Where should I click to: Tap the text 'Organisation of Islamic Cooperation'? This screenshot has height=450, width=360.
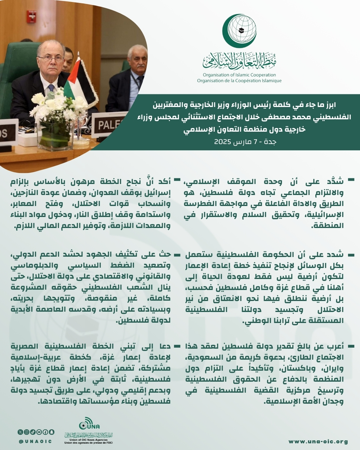pyautogui.click(x=239, y=75)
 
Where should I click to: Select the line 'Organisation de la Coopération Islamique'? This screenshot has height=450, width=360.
pyautogui.click(x=239, y=81)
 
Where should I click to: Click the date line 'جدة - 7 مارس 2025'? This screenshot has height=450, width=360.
pyautogui.click(x=245, y=142)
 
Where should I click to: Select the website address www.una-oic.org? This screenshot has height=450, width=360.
pyautogui.click(x=318, y=442)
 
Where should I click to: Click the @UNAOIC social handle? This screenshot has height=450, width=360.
pyautogui.click(x=35, y=441)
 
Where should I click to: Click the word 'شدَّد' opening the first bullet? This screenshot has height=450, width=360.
pyautogui.click(x=335, y=181)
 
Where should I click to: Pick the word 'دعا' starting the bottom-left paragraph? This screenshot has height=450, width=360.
pyautogui.click(x=165, y=347)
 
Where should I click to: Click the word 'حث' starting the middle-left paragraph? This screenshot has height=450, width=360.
pyautogui.click(x=165, y=255)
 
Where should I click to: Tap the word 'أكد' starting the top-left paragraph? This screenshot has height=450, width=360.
pyautogui.click(x=164, y=181)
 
